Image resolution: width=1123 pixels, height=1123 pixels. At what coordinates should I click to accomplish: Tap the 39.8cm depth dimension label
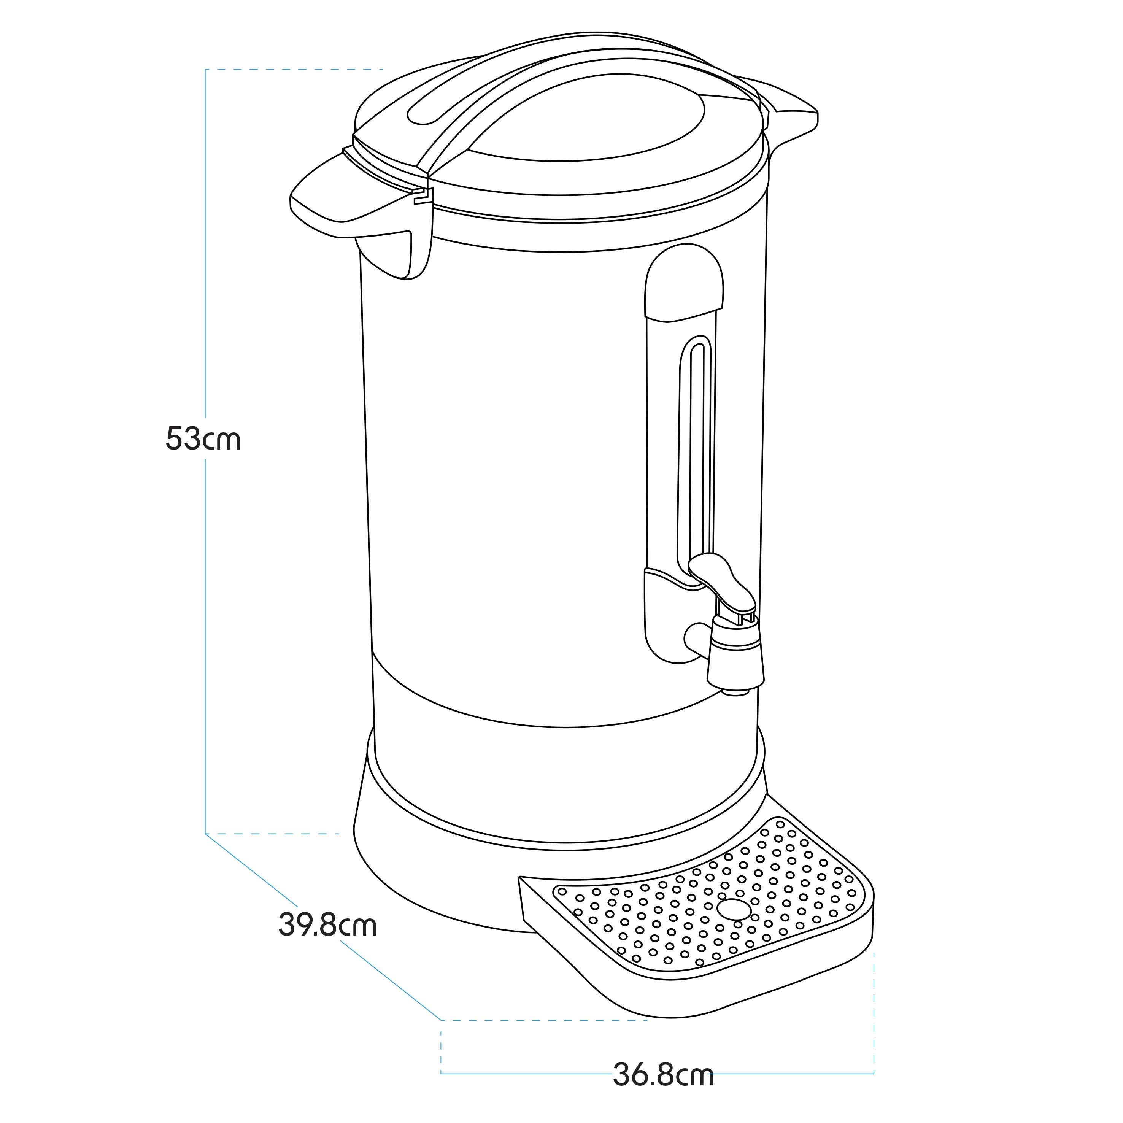(328, 925)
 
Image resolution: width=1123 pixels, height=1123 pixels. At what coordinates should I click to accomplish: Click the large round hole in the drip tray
(734, 907)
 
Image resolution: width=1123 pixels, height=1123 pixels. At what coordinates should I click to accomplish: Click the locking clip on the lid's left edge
(422, 197)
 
